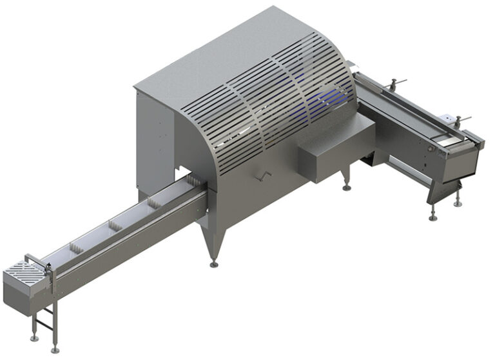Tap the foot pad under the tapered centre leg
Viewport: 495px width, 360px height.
(x=214, y=264)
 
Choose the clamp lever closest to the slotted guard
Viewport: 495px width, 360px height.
(x=394, y=82)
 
